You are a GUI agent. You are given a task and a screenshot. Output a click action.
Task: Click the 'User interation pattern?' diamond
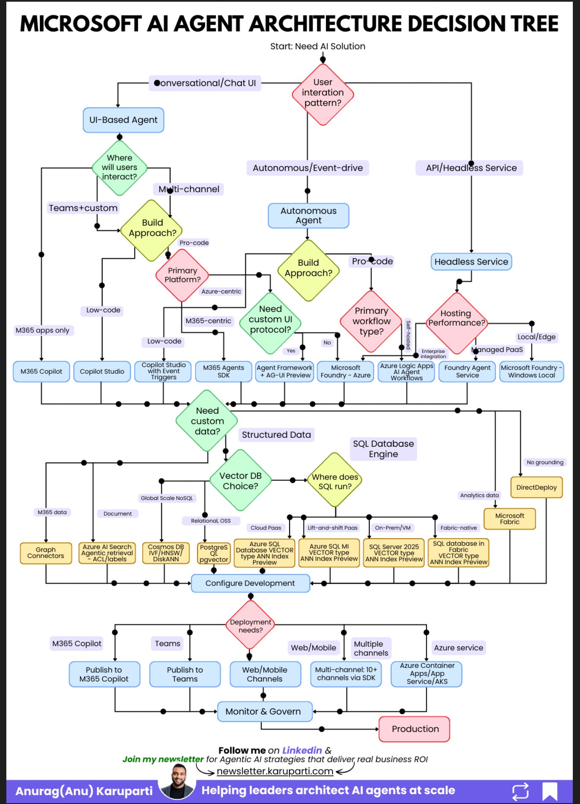[323, 94]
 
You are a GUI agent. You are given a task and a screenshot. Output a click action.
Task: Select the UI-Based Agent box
[123, 120]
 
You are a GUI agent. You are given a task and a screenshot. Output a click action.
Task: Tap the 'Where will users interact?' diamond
[119, 167]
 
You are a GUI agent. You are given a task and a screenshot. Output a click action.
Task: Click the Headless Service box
[471, 262]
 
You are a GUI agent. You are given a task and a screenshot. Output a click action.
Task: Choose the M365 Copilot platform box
[41, 372]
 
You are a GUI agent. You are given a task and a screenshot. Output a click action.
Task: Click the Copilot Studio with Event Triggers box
[163, 372]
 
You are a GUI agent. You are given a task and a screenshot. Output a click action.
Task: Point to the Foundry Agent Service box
[467, 372]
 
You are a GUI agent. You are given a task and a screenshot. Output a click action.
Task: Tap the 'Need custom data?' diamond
[207, 421]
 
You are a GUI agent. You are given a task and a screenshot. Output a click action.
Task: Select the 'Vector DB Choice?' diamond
[240, 481]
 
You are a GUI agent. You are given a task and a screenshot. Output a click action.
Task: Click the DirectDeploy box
[536, 488]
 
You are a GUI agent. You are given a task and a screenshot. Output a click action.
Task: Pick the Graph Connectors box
[46, 553]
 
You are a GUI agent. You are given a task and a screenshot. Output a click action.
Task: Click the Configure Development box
[250, 583]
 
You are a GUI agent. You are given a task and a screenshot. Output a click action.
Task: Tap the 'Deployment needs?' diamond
[250, 626]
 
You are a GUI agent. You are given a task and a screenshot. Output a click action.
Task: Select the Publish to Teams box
[185, 674]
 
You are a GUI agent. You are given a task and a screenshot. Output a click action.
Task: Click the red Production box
[415, 729]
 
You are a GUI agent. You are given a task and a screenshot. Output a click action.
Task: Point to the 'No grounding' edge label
[545, 462]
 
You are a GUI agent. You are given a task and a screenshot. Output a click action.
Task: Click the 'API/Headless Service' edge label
[471, 168]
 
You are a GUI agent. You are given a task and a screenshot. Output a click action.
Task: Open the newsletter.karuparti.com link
[275, 772]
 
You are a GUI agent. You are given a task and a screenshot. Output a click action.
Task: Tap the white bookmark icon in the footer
[549, 791]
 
